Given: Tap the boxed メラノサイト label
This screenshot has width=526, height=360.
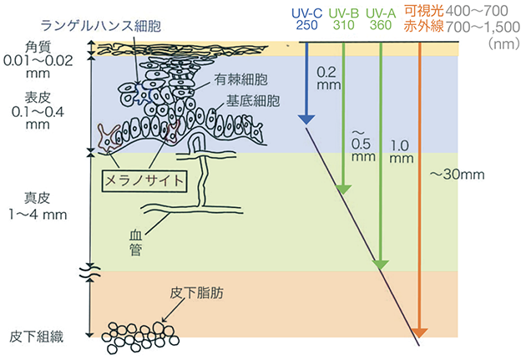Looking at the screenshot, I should [144, 179].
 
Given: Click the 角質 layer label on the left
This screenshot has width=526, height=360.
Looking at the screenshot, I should [38, 46].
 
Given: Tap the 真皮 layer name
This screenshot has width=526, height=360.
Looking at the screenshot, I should [38, 199].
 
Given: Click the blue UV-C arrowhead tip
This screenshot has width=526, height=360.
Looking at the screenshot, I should [306, 121].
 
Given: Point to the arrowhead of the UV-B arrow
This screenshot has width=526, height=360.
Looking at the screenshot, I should [342, 188].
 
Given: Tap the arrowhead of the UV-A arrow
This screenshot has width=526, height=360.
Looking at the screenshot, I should [381, 263].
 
